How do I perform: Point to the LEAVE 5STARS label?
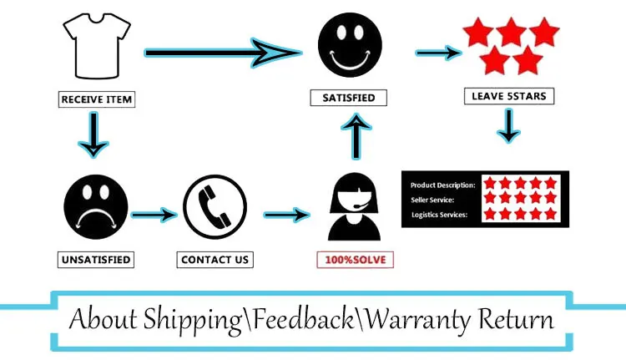coord(508,97)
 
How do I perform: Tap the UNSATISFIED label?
coord(96,260)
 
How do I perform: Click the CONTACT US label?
coord(215,260)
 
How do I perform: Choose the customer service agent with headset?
coord(355,208)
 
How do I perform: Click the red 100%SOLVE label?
coord(355,260)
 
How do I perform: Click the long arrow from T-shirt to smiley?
coord(221,53)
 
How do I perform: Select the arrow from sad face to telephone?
coord(154,215)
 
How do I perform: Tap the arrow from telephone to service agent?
coord(285,215)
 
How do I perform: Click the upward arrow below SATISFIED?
coord(356,136)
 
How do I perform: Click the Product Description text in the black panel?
coord(443,185)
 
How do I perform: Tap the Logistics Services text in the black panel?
coord(440,215)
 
